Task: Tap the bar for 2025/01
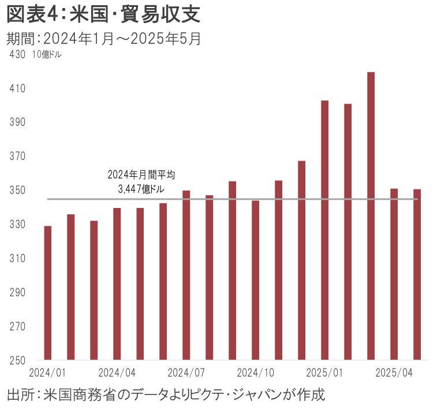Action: tap(324, 229)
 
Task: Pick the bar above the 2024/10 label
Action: tap(256, 280)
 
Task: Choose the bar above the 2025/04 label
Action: tap(394, 273)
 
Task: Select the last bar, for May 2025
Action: tap(417, 274)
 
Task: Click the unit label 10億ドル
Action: tap(47, 55)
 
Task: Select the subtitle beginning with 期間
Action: tap(104, 39)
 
